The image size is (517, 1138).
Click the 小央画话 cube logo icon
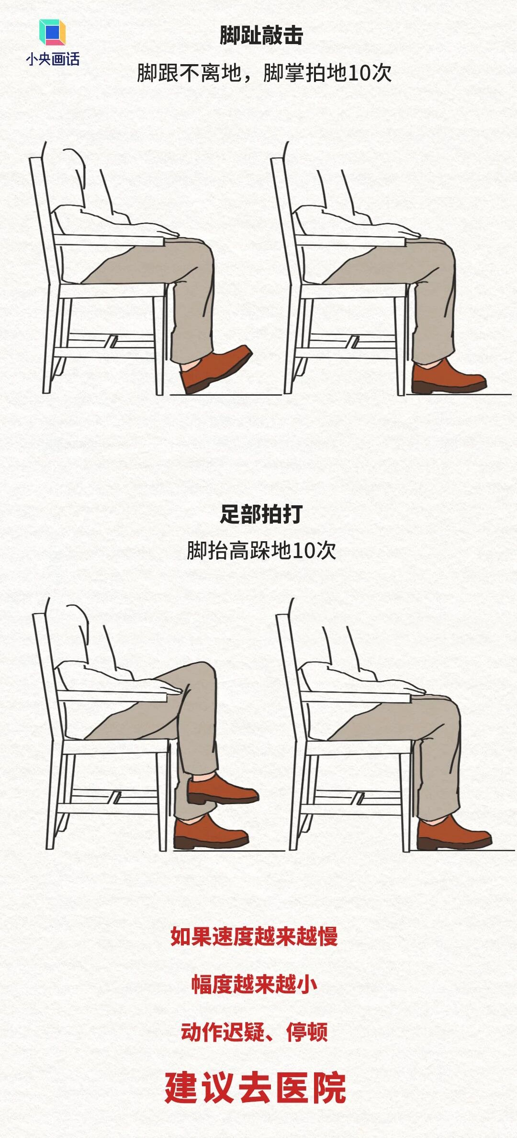[52, 33]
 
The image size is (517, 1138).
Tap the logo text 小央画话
[53, 59]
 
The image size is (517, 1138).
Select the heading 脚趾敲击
[261, 35]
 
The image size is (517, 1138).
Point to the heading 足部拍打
[261, 514]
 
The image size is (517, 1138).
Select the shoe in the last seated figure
[453, 835]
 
